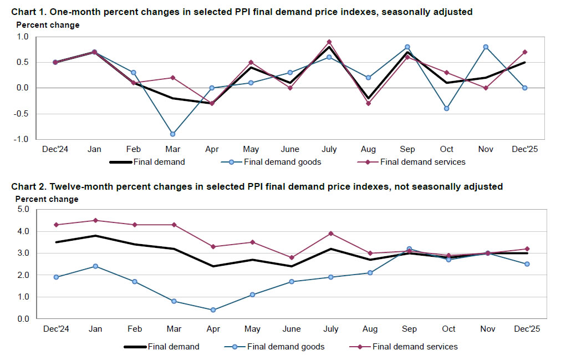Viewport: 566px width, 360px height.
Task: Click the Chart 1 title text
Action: [242, 12]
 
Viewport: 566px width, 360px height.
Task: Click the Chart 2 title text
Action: [257, 187]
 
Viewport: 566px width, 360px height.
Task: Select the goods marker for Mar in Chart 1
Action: [172, 134]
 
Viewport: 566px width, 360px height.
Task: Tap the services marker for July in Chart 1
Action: [329, 42]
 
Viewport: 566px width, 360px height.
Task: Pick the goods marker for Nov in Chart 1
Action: [486, 47]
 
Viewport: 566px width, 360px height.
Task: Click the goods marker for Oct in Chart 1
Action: [446, 108]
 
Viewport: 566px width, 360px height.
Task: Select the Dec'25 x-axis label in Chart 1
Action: [524, 149]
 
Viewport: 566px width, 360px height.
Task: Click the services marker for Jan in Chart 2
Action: [95, 220]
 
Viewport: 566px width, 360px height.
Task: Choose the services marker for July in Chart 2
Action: [330, 234]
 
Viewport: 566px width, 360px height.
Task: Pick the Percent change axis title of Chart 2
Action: [47, 199]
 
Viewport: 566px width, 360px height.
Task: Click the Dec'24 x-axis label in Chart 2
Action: [55, 329]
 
